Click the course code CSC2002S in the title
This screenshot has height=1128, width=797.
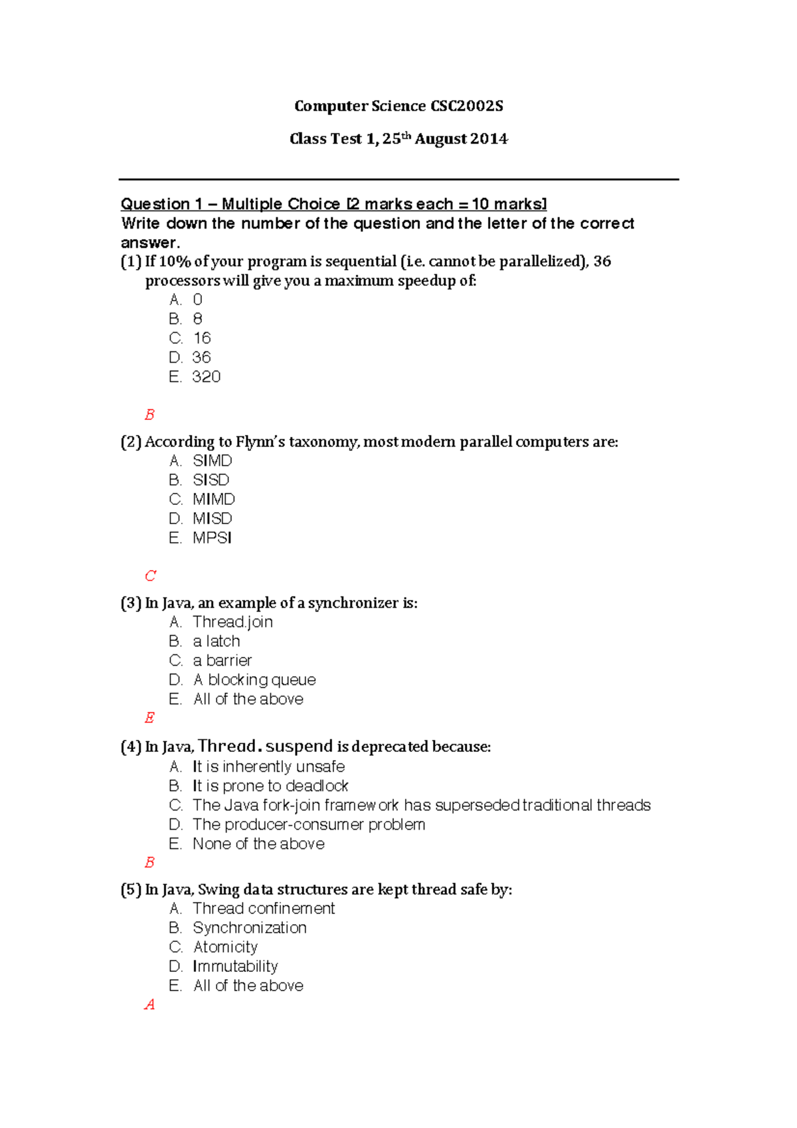pyautogui.click(x=466, y=106)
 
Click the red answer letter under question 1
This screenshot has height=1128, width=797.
pyautogui.click(x=149, y=415)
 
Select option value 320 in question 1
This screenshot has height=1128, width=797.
pyautogui.click(x=206, y=377)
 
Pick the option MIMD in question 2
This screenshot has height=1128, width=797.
pyautogui.click(x=214, y=499)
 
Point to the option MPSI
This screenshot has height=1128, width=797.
pyautogui.click(x=212, y=537)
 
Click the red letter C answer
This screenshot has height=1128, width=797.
pyautogui.click(x=150, y=576)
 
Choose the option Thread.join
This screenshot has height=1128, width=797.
pyautogui.click(x=232, y=622)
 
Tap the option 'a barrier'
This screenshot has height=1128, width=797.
pyautogui.click(x=222, y=660)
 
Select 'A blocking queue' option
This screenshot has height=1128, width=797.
pyautogui.click(x=254, y=680)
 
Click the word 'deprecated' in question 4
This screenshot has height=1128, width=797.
pyautogui.click(x=390, y=747)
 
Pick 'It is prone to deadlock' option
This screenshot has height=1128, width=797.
pyautogui.click(x=270, y=786)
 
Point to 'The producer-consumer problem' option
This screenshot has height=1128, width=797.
pyautogui.click(x=309, y=824)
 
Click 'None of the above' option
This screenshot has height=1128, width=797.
pyautogui.click(x=258, y=844)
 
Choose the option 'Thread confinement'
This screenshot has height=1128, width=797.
pyautogui.click(x=264, y=908)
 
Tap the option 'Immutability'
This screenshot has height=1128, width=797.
pyautogui.click(x=235, y=966)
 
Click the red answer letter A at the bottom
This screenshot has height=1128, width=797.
pyautogui.click(x=149, y=1004)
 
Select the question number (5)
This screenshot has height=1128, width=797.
pyautogui.click(x=131, y=890)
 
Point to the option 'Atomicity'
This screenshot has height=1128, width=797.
pyautogui.click(x=225, y=947)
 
